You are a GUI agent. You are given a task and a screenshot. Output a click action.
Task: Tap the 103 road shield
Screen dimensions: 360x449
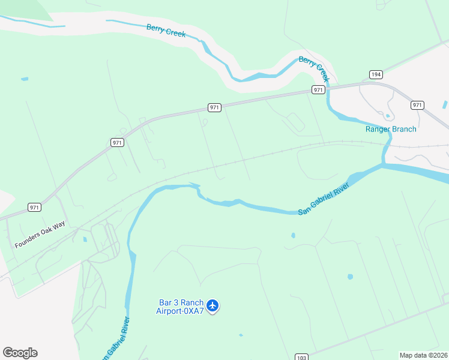301,358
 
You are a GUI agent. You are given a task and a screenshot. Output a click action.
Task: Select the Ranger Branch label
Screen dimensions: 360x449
391,129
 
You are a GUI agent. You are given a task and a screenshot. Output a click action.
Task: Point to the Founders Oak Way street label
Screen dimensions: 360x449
40,237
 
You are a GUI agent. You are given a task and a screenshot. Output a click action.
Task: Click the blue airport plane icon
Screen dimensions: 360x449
212,306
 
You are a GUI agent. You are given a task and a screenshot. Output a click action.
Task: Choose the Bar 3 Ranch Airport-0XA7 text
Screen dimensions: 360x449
180,307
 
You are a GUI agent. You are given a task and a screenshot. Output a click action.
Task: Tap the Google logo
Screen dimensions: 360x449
20,353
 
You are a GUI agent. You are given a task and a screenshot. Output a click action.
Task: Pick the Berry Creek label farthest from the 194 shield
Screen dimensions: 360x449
166,31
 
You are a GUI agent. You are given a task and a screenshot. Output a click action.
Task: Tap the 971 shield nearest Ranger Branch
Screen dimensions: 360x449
418,105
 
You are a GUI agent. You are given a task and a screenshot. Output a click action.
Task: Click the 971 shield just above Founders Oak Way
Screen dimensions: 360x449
34,208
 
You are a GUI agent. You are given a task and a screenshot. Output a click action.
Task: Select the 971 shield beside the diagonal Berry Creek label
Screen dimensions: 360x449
318,90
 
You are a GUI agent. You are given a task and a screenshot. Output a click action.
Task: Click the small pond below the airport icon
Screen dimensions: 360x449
241,335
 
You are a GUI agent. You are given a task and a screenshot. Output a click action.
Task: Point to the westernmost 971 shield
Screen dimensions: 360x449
34,208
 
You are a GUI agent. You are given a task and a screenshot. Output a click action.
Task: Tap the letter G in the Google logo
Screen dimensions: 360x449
8,353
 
